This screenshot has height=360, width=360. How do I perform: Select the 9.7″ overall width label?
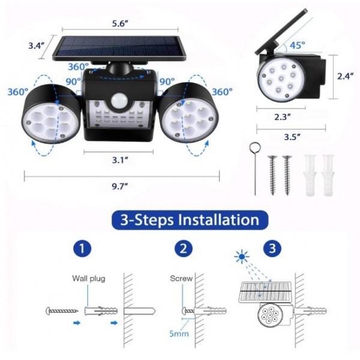pos(122,187)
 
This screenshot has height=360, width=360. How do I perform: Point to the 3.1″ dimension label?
pos(122,160)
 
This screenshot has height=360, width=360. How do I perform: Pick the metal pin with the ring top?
pos(254,168)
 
